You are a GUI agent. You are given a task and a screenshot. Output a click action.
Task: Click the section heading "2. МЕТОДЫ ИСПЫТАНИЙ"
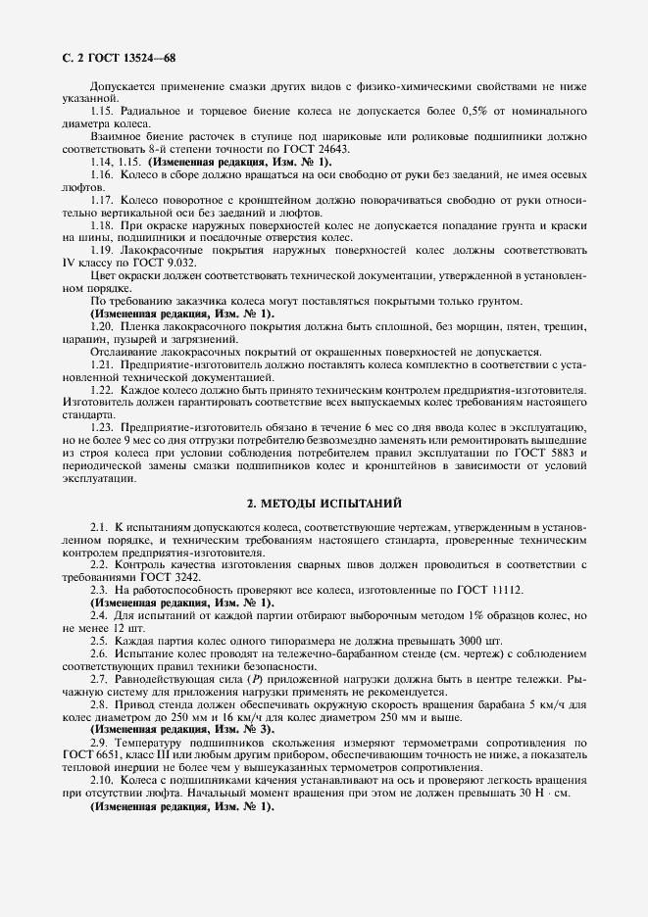click(324, 504)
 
